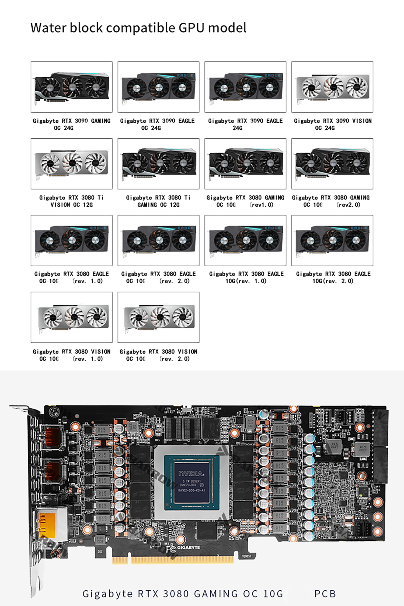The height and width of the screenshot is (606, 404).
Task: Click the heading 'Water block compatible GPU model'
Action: [x=138, y=28]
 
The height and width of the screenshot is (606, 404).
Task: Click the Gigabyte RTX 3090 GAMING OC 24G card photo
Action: [x=71, y=87]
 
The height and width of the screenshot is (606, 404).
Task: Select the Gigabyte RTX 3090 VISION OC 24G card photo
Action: [x=332, y=87]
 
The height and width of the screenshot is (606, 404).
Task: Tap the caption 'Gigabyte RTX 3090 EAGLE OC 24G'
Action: [x=157, y=124]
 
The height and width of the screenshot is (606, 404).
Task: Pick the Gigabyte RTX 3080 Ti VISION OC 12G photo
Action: [x=71, y=163]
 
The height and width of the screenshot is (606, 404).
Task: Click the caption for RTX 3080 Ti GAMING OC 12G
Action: [x=158, y=201]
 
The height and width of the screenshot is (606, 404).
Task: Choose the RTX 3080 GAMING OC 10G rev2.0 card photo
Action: [x=332, y=163]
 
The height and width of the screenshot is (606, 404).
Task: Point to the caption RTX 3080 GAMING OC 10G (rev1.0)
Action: [x=245, y=201]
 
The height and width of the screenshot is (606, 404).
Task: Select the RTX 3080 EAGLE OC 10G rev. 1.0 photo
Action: [x=71, y=240]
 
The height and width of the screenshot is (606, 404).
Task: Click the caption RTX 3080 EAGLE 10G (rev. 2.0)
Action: [x=333, y=277]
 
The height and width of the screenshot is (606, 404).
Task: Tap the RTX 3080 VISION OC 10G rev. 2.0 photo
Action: [x=158, y=317]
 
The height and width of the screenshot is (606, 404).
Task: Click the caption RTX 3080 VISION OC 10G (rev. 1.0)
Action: [x=71, y=355]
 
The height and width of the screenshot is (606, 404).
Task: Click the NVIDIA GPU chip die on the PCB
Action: [x=192, y=482]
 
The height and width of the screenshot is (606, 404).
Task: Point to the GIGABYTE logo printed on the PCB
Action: [x=188, y=548]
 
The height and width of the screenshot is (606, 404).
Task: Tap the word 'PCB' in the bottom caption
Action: [x=325, y=594]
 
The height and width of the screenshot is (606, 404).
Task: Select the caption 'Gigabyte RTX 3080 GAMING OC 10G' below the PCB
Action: [x=183, y=594]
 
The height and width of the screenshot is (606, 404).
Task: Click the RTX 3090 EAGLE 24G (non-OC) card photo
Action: [x=245, y=87]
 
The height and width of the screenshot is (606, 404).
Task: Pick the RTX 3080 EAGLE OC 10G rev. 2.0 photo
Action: [x=158, y=240]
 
